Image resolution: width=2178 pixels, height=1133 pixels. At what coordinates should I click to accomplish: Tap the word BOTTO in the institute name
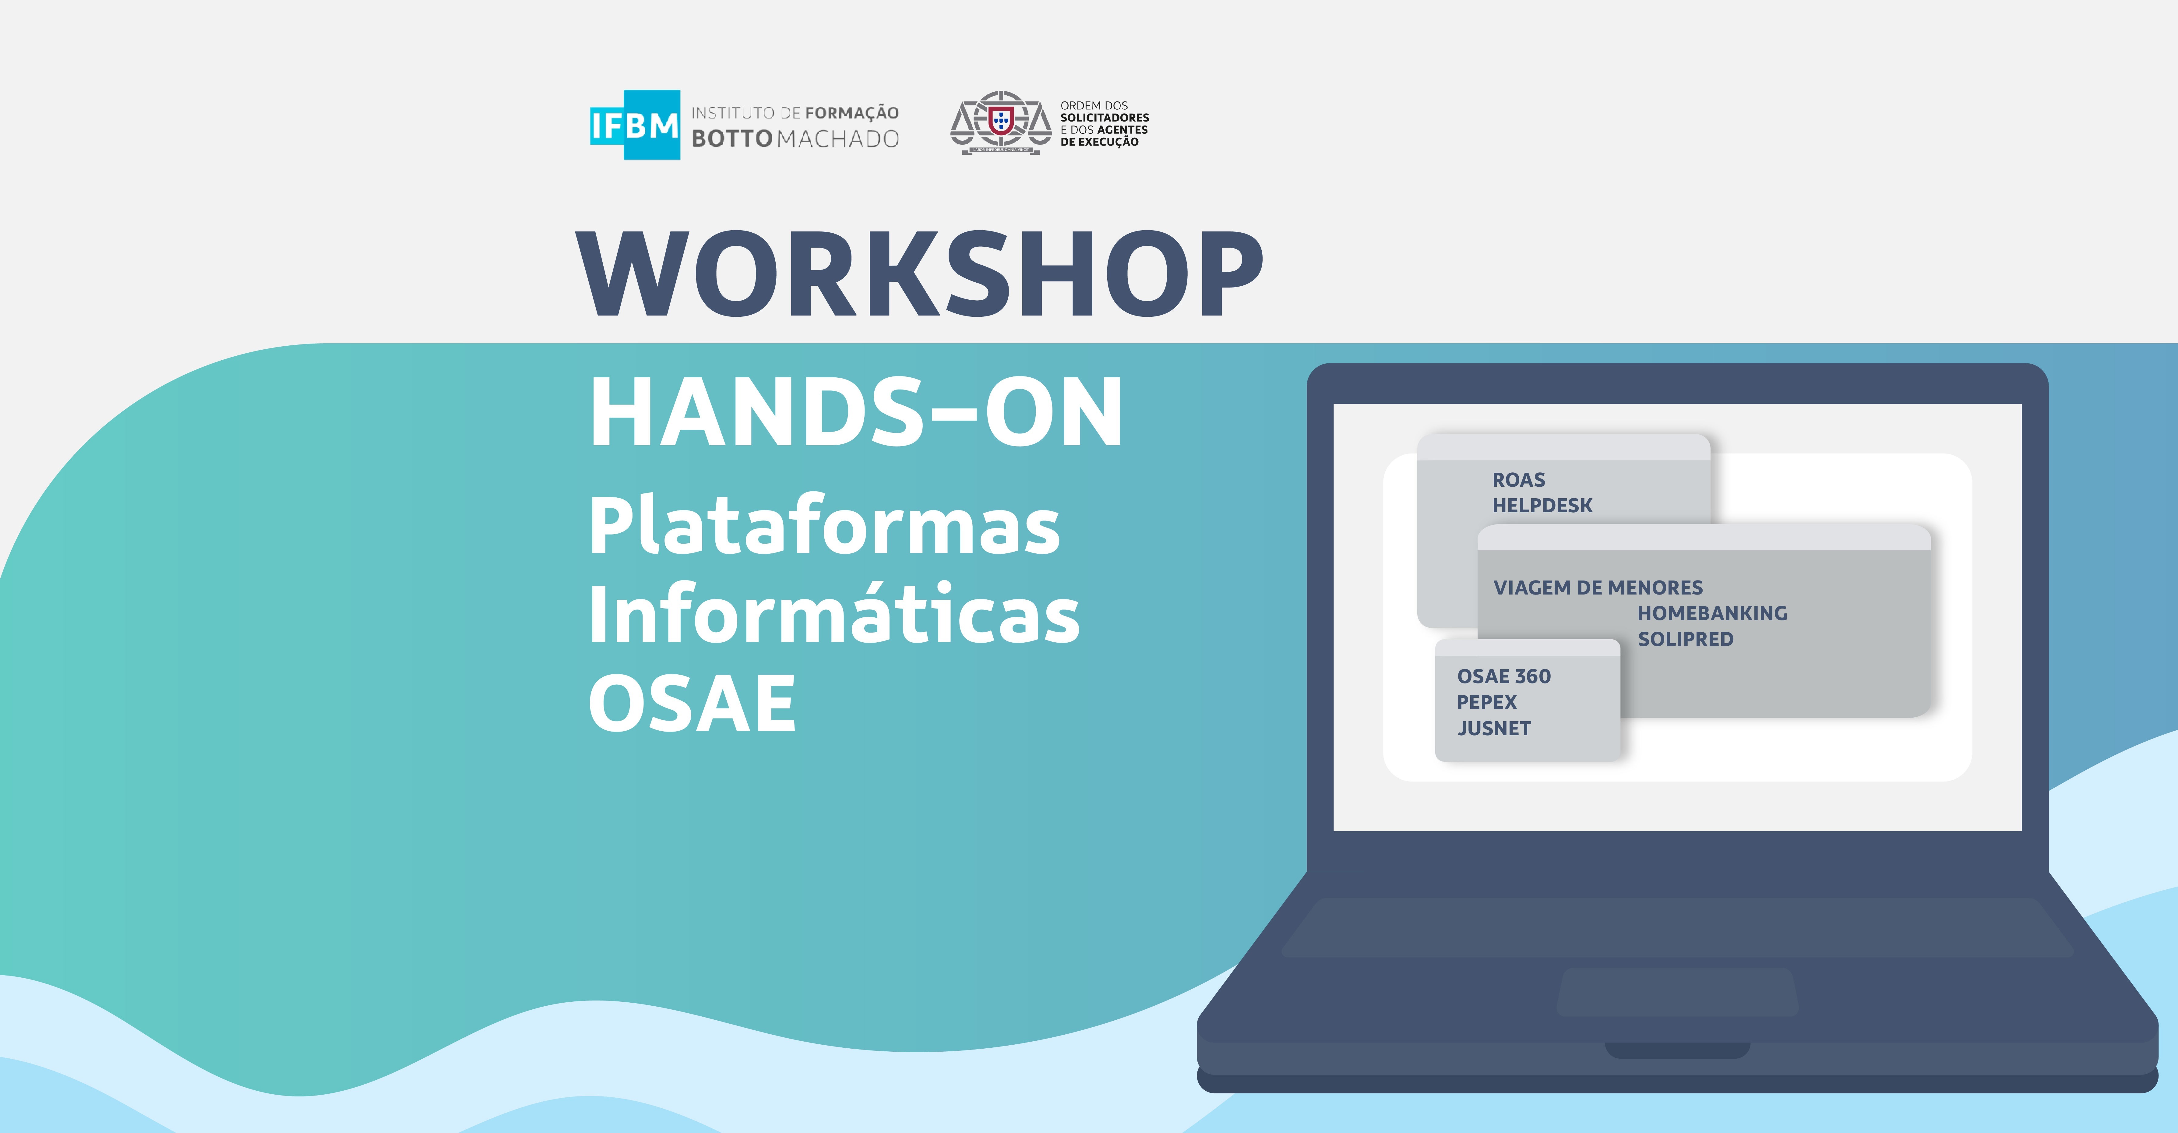[731, 139]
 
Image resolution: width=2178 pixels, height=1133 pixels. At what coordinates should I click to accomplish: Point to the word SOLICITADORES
[1104, 118]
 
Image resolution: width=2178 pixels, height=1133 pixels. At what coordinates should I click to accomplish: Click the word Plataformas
[824, 528]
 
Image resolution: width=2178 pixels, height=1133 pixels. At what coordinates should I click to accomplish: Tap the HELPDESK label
[1542, 506]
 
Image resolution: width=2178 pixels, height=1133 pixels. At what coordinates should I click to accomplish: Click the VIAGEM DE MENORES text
[1598, 588]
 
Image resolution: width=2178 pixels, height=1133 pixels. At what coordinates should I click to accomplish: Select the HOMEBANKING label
[1712, 613]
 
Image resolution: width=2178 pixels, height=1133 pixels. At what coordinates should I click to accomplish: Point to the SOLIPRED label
[1685, 639]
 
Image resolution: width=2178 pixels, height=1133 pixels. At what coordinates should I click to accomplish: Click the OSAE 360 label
[1503, 676]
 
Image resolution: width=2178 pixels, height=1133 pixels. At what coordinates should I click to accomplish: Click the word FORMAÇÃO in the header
[852, 112]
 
